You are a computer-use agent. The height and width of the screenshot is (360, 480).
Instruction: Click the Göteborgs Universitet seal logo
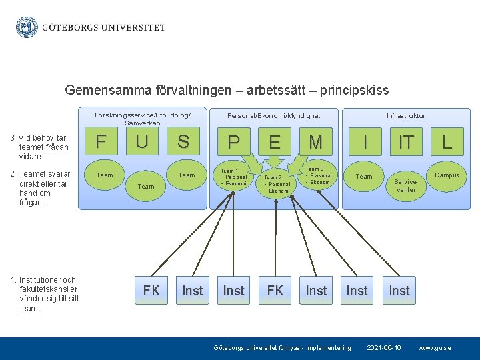pos(27,27)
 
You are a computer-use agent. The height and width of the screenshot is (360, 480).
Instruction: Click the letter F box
pos(101,141)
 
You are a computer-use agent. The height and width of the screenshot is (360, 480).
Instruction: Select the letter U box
pos(142,141)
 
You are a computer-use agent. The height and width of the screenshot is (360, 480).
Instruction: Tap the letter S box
pos(183,141)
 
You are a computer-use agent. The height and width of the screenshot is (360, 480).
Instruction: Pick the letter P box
pos(233,142)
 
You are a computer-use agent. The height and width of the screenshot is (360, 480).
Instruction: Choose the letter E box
pos(275,142)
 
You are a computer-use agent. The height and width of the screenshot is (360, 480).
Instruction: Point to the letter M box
pos(316,142)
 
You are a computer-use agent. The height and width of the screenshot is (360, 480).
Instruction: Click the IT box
pos(406,141)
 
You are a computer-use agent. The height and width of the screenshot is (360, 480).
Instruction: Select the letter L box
pos(447,141)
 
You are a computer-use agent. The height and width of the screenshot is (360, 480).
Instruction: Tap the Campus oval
pos(447,175)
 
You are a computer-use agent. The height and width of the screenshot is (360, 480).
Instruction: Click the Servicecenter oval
pos(406,185)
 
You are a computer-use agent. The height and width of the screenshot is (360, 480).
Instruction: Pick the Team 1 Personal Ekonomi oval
pos(233,177)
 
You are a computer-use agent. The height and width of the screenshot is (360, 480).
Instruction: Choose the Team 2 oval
pos(276,184)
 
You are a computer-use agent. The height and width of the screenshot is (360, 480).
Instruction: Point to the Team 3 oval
pos(318,176)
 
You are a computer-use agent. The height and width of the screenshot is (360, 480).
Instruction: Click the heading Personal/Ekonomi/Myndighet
pos(273,116)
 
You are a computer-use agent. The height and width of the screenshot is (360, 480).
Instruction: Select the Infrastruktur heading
pos(405,116)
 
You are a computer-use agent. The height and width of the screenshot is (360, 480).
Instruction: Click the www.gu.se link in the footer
pos(434,348)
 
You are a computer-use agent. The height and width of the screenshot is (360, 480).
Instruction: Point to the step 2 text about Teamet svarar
pos(40,188)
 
